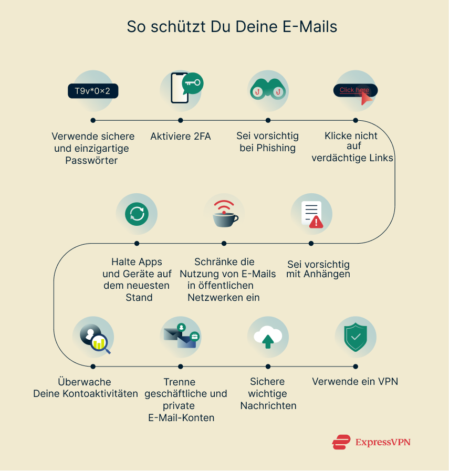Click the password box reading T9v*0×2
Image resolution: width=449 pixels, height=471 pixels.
click(x=92, y=91)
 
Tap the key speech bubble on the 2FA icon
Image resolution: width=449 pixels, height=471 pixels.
click(x=192, y=83)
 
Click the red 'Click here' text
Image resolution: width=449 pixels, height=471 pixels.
click(x=353, y=90)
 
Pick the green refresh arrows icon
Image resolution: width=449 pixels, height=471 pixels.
click(x=137, y=214)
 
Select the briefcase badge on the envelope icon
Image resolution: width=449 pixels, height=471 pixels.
click(x=194, y=336)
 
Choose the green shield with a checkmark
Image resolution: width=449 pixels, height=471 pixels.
click(x=355, y=337)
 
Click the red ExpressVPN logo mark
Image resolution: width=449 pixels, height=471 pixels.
click(x=341, y=442)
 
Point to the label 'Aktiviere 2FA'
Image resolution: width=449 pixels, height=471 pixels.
click(x=180, y=137)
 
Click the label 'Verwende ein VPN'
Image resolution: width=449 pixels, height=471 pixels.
click(x=355, y=382)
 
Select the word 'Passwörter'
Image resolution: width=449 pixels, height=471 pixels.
click(x=91, y=160)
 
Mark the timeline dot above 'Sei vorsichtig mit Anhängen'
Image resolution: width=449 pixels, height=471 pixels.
click(x=311, y=243)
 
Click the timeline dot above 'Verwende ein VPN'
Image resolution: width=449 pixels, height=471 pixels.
click(x=356, y=366)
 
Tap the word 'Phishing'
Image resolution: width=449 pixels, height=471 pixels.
click(x=276, y=148)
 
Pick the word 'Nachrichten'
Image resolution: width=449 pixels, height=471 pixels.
click(x=268, y=405)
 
